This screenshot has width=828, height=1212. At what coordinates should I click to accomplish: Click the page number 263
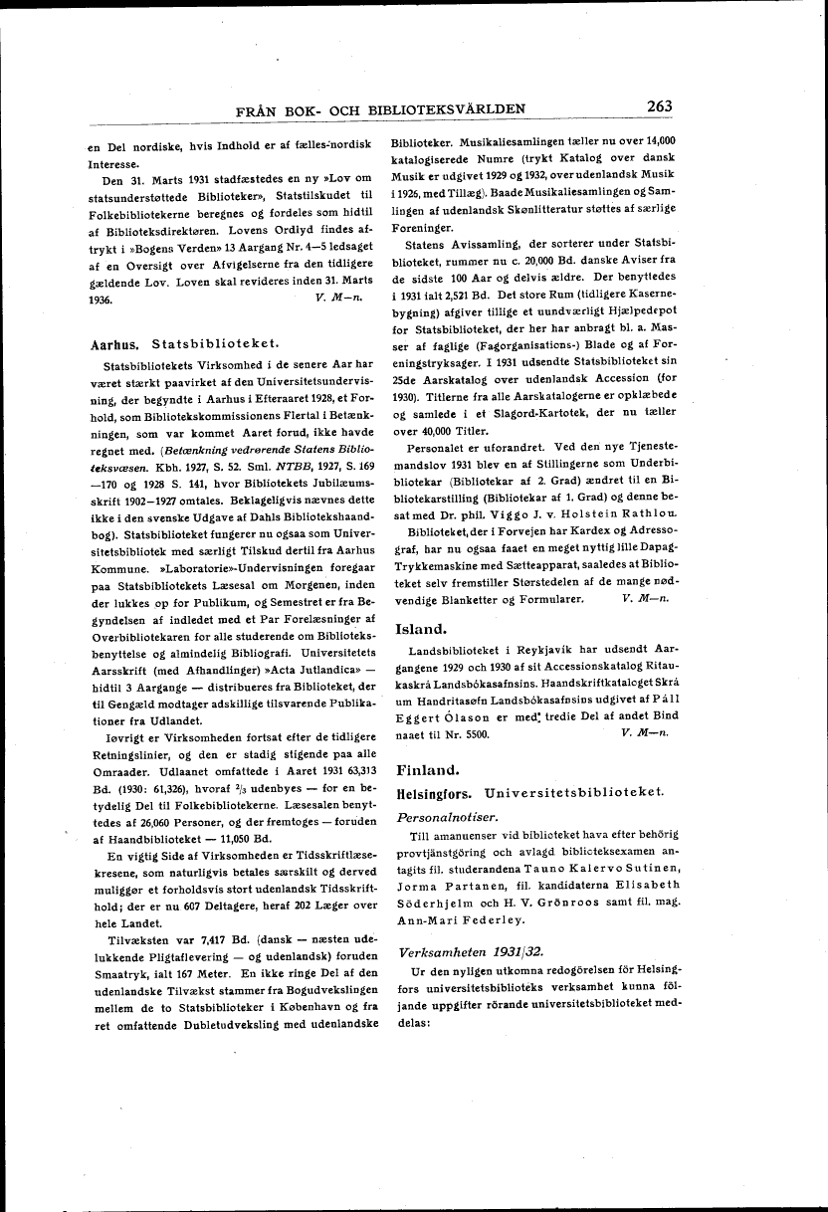[659, 106]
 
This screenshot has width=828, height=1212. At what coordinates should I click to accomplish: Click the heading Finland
[426, 770]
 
